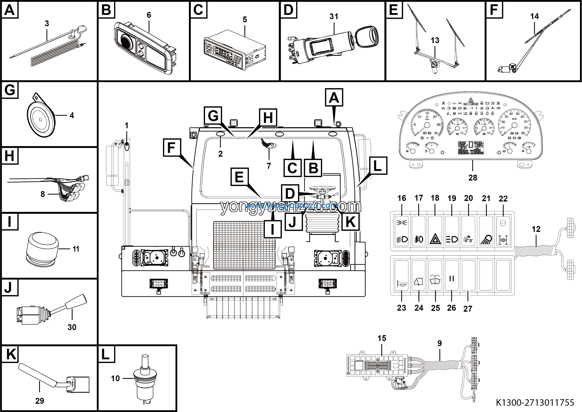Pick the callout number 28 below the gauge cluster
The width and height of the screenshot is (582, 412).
click(473, 178)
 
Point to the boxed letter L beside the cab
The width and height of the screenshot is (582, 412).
click(377, 166)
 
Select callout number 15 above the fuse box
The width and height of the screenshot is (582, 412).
click(382, 338)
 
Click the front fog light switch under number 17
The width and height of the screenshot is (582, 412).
click(419, 231)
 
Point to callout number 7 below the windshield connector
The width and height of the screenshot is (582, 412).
click(269, 166)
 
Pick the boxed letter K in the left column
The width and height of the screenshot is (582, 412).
click(10, 354)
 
